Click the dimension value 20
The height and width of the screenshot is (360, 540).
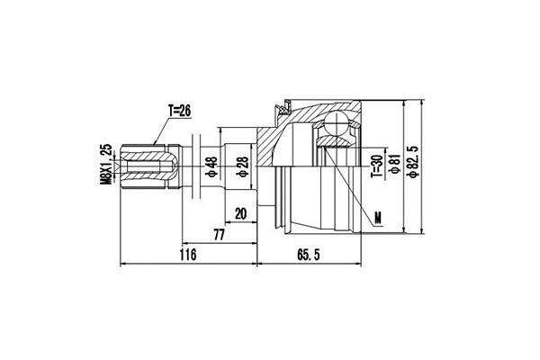pyautogui.click(x=240, y=214)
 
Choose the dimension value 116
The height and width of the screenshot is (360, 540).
pyautogui.click(x=186, y=256)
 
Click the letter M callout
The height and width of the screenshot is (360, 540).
pyautogui.click(x=378, y=216)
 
